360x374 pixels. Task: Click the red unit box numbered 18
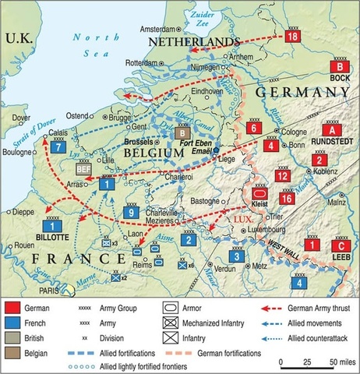point(293,37)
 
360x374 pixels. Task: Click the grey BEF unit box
point(83,166)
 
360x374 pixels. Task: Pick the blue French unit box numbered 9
point(133,212)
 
